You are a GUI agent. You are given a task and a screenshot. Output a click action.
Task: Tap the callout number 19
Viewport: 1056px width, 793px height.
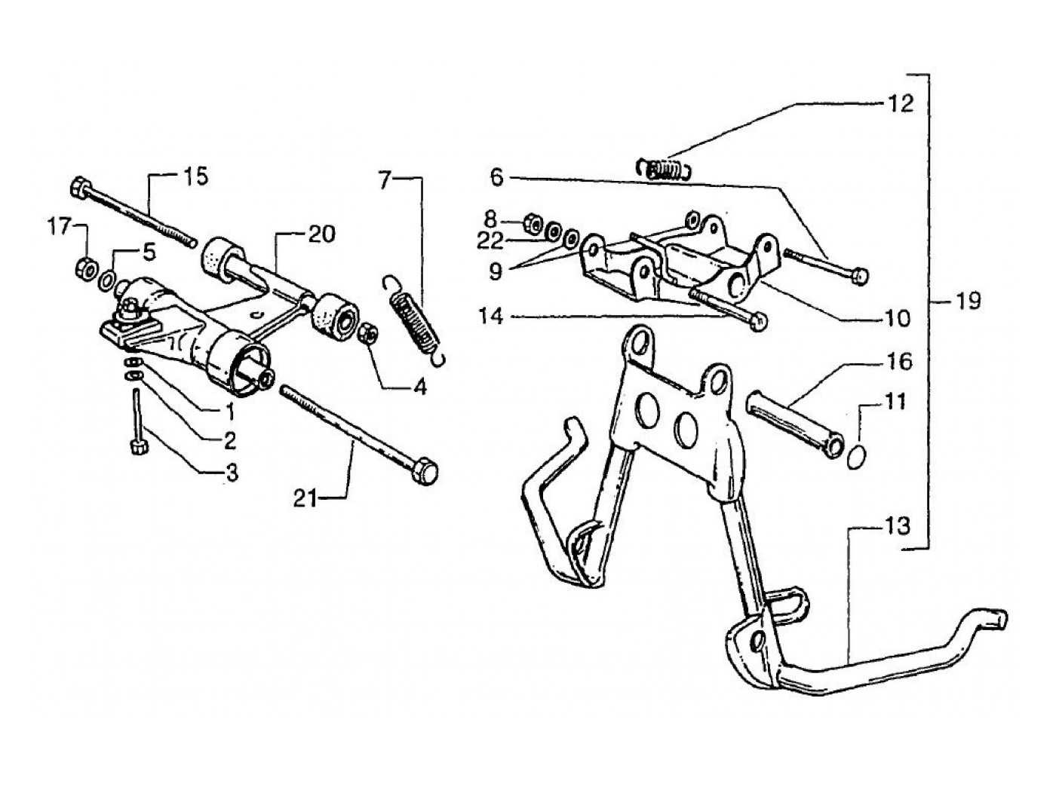coord(968,302)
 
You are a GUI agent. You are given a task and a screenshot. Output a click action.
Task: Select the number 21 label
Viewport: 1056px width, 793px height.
coord(305,498)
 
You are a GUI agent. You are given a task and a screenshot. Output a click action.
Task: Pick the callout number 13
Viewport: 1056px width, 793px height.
coord(898,525)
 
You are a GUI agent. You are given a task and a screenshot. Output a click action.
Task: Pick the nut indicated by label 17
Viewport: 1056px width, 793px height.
coord(85,267)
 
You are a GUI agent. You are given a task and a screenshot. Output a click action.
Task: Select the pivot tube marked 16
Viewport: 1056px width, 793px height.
coord(791,423)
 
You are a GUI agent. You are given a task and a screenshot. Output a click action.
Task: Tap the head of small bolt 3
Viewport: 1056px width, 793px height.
coord(138,446)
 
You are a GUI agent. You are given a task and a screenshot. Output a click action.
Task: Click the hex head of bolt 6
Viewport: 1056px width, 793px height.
coord(859,277)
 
